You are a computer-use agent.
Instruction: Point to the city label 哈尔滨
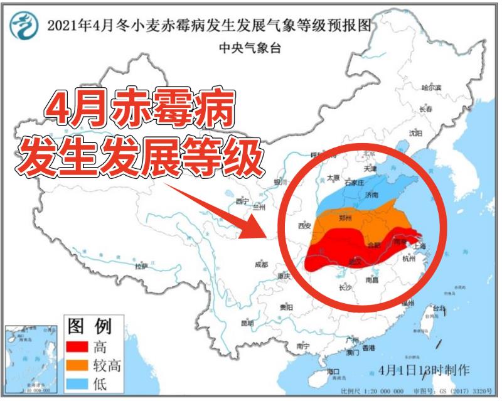[x=432, y=87]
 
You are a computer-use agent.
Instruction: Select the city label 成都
[x=261, y=265]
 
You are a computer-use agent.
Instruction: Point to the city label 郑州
[x=345, y=218]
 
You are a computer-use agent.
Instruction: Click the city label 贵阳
[x=286, y=307]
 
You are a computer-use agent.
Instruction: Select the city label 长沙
[x=344, y=288]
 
